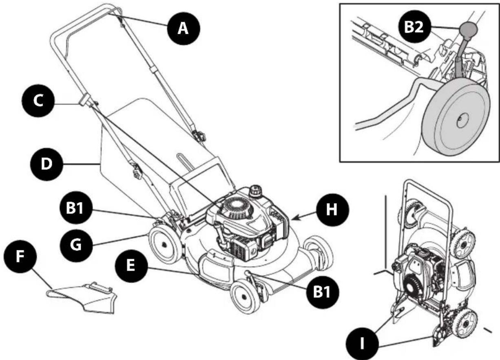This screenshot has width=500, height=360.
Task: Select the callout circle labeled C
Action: coord(39,102)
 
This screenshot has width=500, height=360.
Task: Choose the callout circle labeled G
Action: coord(76,246)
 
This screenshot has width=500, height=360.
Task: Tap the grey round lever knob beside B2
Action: coord(468,30)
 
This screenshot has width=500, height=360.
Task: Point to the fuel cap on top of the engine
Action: coord(255,191)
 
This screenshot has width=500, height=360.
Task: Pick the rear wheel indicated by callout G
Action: coord(163,245)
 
